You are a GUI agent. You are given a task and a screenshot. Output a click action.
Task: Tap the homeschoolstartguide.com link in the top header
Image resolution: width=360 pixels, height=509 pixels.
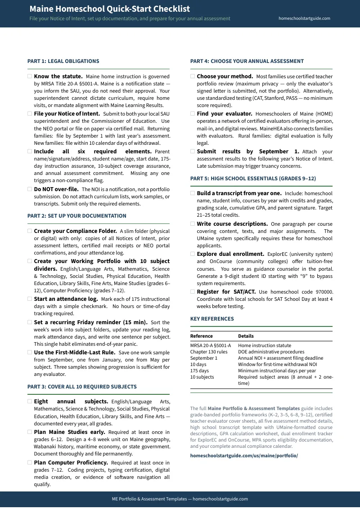304,18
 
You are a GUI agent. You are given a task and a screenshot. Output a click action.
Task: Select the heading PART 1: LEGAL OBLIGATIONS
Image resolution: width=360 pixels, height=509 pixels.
63,61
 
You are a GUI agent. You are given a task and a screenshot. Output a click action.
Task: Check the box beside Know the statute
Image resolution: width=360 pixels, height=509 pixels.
30,76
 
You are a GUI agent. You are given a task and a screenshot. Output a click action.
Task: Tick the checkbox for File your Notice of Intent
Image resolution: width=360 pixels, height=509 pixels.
30,114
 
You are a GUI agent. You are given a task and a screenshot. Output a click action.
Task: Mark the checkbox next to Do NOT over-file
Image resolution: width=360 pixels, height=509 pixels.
30,189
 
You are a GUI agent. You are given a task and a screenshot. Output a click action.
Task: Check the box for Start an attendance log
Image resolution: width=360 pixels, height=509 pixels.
30,299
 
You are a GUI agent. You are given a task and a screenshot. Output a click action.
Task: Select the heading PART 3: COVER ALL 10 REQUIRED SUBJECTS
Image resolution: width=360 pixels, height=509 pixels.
82,387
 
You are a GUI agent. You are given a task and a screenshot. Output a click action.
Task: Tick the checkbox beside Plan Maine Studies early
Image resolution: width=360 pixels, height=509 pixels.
30,432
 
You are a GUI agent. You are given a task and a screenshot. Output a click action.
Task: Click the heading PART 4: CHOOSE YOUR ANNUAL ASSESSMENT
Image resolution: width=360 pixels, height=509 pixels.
247,61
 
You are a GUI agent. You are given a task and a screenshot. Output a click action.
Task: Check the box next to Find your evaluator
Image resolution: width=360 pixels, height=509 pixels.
193,114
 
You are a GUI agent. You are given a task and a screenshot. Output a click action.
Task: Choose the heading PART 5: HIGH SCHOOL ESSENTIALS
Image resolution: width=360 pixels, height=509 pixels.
253,179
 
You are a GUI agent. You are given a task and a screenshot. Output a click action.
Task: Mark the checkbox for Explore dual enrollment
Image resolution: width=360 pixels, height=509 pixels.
193,254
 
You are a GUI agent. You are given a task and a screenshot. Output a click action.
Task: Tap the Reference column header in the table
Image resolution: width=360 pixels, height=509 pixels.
201,336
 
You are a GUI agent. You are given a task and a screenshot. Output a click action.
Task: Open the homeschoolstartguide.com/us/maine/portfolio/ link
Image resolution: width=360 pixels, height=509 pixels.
244,455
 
